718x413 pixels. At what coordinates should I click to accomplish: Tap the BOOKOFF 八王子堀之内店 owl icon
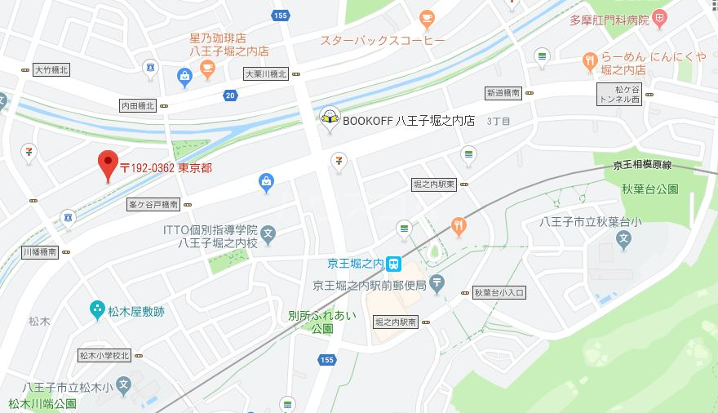tap(330, 119)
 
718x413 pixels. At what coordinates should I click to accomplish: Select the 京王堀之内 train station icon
tap(395, 264)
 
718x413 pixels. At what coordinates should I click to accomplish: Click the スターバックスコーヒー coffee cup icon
tap(426, 18)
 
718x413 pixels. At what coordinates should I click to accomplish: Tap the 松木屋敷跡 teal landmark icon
tap(96, 309)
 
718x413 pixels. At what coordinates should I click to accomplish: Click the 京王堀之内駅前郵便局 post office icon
tap(437, 284)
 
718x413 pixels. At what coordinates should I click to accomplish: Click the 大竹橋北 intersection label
tap(51, 70)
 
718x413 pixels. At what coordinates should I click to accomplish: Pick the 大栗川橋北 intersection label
tap(266, 74)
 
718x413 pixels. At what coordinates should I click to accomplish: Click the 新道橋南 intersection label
tap(503, 93)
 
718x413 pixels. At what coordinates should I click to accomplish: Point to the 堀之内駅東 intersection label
tap(433, 184)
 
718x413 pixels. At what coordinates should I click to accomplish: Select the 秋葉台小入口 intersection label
tap(499, 292)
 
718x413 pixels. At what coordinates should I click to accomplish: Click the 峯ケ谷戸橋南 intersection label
tap(153, 204)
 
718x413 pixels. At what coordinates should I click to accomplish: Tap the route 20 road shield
tap(232, 96)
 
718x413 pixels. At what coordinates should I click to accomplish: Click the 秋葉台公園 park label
tap(650, 189)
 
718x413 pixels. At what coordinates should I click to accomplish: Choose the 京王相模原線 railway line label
tap(642, 165)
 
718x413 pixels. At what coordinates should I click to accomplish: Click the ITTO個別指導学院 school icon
tap(270, 238)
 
